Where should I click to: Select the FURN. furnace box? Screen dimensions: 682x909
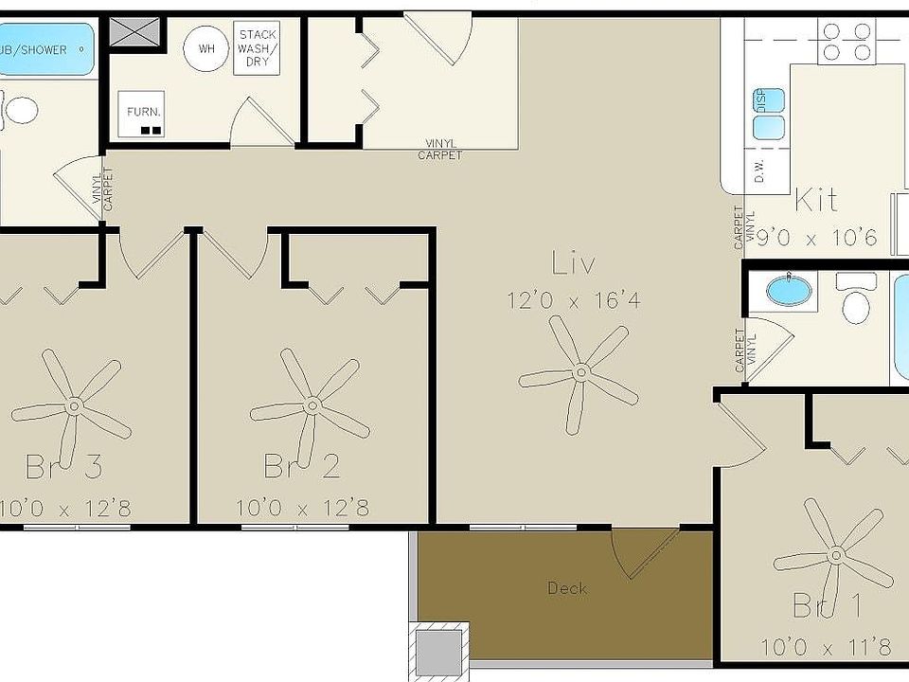(144, 117)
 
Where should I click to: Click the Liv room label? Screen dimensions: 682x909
(573, 264)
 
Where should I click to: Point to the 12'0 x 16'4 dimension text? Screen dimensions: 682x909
(574, 301)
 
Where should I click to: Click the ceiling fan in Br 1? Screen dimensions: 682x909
(834, 553)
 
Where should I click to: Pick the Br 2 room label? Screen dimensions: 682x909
(301, 466)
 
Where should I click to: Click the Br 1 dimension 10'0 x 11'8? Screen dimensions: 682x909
(826, 648)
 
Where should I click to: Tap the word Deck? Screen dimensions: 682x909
(567, 588)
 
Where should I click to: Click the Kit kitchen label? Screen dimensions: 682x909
(815, 200)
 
